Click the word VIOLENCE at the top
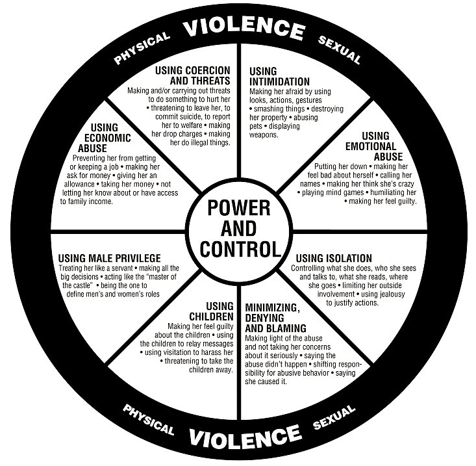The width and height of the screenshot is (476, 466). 244,28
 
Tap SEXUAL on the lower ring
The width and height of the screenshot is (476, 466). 334,417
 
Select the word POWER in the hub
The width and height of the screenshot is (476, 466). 239,208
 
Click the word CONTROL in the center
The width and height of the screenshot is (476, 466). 240,250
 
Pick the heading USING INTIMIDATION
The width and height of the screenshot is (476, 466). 279,77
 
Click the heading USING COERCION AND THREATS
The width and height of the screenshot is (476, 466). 193,75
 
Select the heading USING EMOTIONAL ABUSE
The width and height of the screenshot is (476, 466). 374,146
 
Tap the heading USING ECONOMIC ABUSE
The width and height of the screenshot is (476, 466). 105,138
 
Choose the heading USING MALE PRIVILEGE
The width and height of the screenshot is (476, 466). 109,258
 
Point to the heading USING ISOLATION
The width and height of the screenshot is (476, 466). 334,258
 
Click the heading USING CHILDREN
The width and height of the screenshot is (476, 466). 211,311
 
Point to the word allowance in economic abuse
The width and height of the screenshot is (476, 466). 79,184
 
